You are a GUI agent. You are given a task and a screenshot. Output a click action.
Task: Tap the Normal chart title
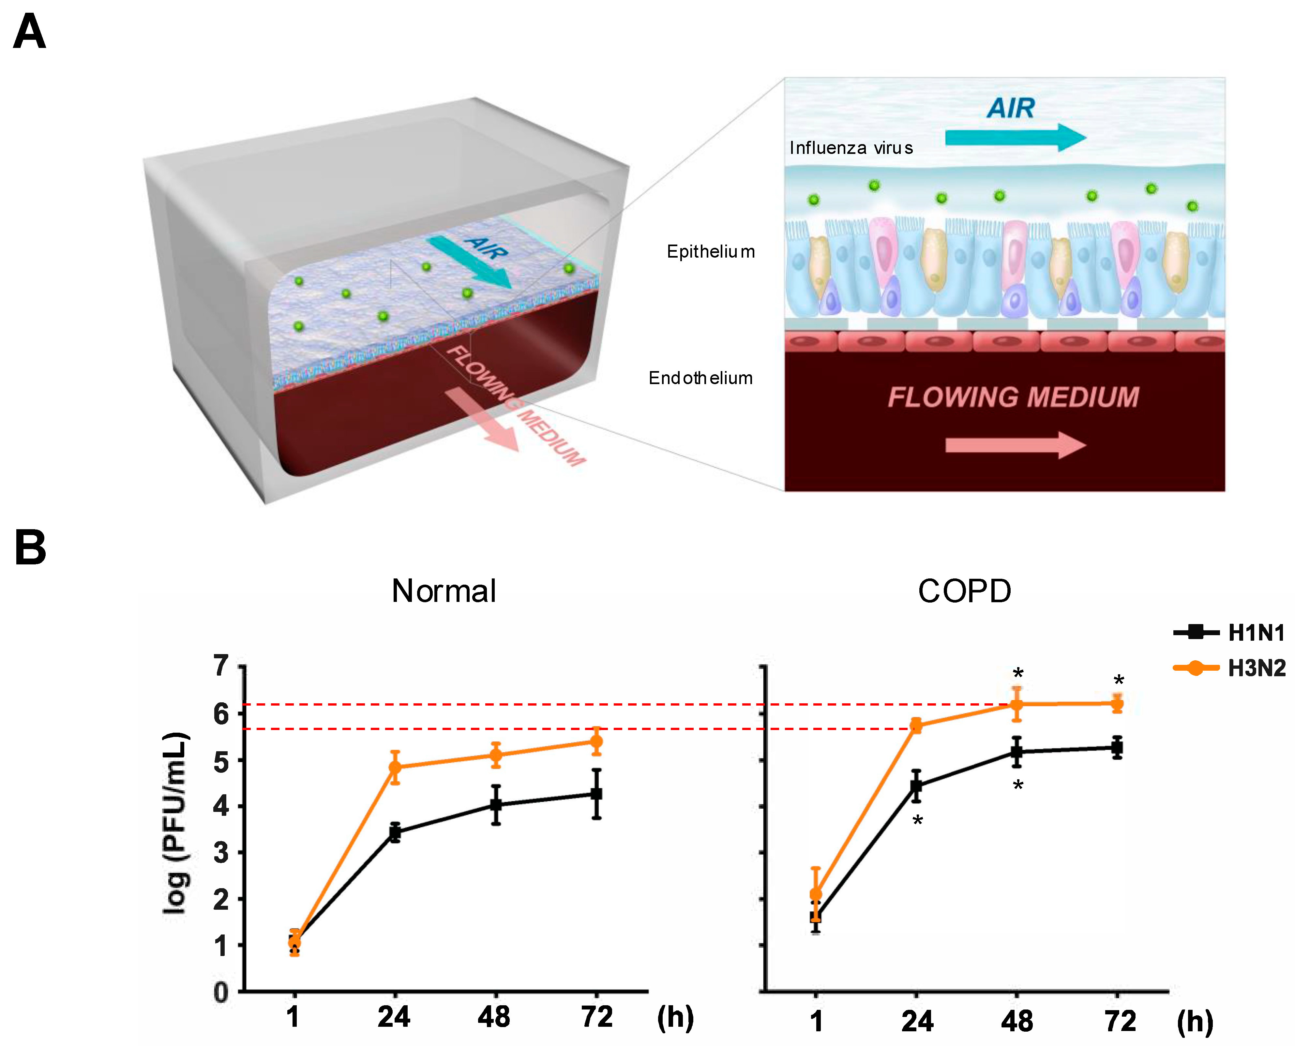[x=444, y=591]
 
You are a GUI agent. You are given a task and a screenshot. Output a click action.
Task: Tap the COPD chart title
[x=964, y=591]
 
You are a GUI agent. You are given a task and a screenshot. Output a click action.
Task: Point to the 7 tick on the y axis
[x=222, y=666]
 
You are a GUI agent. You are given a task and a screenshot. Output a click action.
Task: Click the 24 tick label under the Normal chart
[x=394, y=1017]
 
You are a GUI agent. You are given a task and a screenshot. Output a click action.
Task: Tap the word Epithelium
[x=711, y=252]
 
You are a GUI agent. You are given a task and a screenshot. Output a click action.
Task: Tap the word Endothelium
[x=700, y=378]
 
